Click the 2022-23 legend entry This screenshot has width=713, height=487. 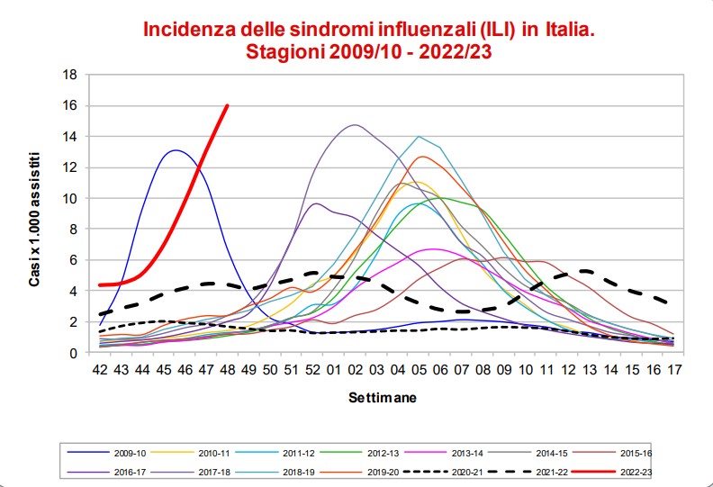pos(611,473)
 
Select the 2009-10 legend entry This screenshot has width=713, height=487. pos(107,454)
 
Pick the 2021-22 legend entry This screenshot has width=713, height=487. pos(528,473)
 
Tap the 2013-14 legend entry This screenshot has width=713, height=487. pos(444,454)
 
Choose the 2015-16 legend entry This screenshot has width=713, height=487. pos(612,454)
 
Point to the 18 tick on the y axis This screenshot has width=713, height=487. pos(69,75)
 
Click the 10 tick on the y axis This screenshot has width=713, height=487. pos(69,198)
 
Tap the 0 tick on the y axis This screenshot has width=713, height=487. pos(73,353)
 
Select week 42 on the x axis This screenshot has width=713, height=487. pos(100,370)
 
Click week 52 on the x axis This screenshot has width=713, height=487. pos(313,370)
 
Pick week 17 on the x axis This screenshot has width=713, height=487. pos(675,370)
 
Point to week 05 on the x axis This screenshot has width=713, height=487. pos(420,370)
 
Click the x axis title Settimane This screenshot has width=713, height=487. pos(383,397)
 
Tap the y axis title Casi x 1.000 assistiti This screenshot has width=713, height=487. pos(34,219)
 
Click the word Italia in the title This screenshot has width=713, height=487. pos(570,30)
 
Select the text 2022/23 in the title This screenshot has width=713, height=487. pos(456,52)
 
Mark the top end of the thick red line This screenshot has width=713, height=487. pos(228,105)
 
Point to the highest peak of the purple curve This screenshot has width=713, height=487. pos(355,124)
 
